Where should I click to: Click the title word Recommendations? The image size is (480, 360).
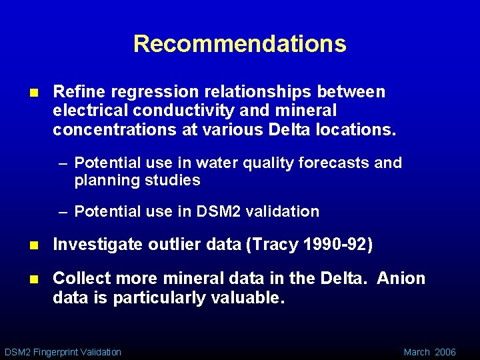(240, 44)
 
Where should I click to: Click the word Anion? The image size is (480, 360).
(401, 278)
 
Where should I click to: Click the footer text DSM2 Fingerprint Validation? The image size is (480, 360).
(63, 351)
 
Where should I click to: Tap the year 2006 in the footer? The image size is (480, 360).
(445, 351)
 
